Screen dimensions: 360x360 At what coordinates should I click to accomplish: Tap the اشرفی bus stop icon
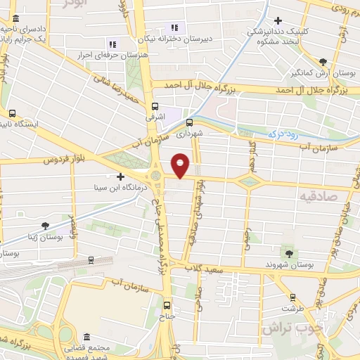(x=155, y=107)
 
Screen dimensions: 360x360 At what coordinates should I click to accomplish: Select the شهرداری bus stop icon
(x=188, y=122)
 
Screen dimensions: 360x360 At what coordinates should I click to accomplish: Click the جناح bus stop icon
(x=167, y=305)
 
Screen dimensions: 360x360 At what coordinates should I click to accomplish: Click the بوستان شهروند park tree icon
(x=289, y=252)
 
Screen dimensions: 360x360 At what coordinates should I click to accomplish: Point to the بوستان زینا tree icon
(x=45, y=226)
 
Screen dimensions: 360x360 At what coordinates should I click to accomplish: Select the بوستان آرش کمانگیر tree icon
(x=323, y=62)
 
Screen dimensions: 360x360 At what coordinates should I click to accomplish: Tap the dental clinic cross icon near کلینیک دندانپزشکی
(x=279, y=20)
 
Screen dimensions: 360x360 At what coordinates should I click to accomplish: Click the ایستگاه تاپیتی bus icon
(x=12, y=112)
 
